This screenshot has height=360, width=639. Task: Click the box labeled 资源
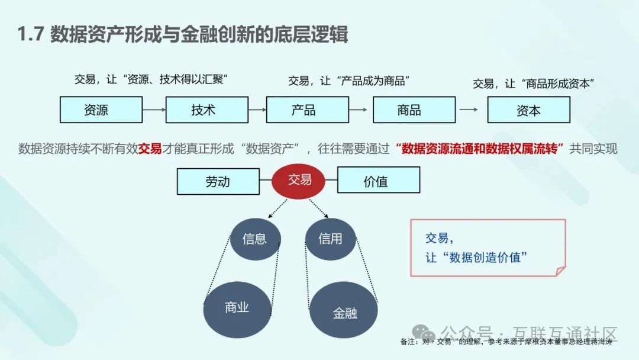pos(101,110)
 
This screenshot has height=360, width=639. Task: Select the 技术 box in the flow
pos(206,110)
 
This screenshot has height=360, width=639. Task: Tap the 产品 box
pos(307,110)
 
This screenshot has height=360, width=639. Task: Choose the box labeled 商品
pos(414,110)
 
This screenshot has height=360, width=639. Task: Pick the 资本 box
pos(528,110)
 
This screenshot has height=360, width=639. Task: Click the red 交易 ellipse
pos(299,180)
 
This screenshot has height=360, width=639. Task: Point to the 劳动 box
pos(218,181)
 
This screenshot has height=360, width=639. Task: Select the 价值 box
pos(378,180)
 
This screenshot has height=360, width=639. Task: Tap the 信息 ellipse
pos(254,239)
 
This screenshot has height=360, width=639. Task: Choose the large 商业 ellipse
pos(237,307)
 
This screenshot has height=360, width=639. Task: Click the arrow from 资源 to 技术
pos(153,110)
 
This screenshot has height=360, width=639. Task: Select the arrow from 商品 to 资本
pos(470,110)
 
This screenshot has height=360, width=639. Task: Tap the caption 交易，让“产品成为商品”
pos(349,81)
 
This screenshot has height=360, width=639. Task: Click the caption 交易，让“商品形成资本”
pos(533,83)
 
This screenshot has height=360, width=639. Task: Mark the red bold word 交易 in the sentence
pos(150,148)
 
